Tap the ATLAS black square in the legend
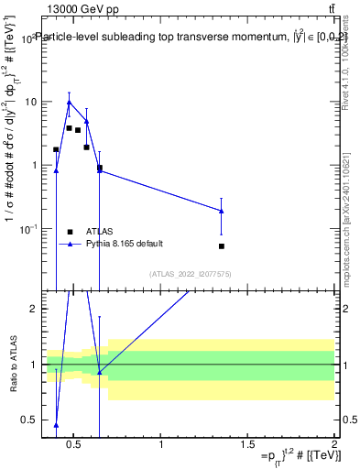pyautogui.click(x=70, y=232)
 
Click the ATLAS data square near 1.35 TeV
pyautogui.click(x=222, y=246)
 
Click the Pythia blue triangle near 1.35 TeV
pyautogui.click(x=222, y=212)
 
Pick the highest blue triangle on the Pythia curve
pyautogui.click(x=69, y=103)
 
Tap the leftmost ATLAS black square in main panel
pyautogui.click(x=56, y=149)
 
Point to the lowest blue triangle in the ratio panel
pyautogui.click(x=56, y=425)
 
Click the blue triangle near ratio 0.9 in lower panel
pyautogui.click(x=99, y=372)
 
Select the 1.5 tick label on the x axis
pyautogui.click(x=248, y=445)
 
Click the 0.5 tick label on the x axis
pyautogui.click(x=74, y=445)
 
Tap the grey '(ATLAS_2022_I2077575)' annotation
pyautogui.click(x=191, y=274)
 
